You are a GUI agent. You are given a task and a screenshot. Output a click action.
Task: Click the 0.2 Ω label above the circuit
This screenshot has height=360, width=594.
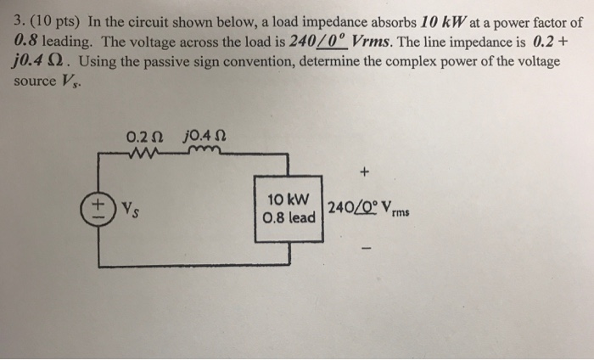tap(143, 135)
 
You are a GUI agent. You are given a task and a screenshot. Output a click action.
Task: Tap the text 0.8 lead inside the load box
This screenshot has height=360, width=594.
tap(289, 218)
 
